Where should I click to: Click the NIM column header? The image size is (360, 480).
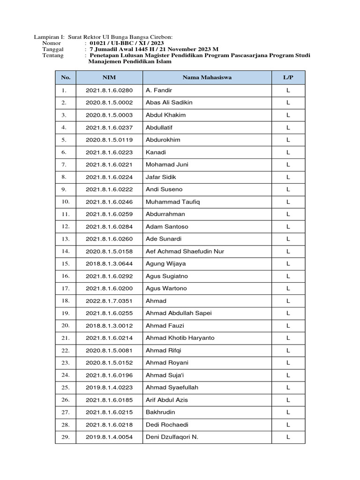tap(109, 77)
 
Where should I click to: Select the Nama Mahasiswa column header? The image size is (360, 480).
tap(207, 77)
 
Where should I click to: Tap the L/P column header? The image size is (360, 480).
tap(288, 77)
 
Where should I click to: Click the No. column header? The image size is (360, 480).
tap(65, 77)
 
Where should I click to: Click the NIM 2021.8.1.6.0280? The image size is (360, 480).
tap(109, 90)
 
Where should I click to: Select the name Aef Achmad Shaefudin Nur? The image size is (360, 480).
tap(185, 251)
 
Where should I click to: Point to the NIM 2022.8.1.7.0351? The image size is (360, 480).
tap(109, 301)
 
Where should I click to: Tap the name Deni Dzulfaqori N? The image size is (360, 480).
tap(172, 437)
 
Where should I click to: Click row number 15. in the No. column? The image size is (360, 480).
tap(65, 264)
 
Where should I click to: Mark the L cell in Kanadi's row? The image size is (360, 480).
tap(288, 152)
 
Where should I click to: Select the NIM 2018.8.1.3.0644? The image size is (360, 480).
tap(109, 264)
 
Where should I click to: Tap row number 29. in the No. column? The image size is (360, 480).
tap(65, 437)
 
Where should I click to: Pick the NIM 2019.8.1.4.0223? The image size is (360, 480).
tap(109, 388)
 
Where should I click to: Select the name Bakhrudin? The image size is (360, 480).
tap(160, 412)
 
